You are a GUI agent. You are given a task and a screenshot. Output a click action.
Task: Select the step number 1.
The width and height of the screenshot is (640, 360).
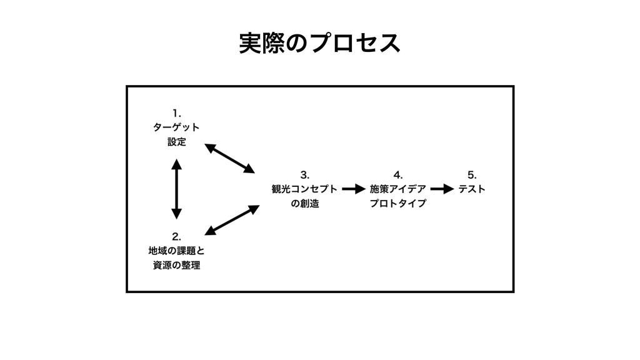pyautogui.click(x=177, y=113)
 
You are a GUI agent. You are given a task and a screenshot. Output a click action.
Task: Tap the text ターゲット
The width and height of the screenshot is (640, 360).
pyautogui.click(x=176, y=127)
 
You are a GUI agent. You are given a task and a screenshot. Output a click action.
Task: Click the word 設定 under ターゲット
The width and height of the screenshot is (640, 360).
pyautogui.click(x=176, y=142)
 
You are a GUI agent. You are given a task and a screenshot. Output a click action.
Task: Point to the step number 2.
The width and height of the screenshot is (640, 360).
pyautogui.click(x=177, y=236)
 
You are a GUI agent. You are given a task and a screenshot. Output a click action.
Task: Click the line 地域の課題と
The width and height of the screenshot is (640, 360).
pyautogui.click(x=176, y=251)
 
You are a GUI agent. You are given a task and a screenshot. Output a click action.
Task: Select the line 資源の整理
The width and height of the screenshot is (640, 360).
pyautogui.click(x=176, y=266)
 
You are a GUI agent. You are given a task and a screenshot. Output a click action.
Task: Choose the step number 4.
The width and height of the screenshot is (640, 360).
pyautogui.click(x=398, y=173)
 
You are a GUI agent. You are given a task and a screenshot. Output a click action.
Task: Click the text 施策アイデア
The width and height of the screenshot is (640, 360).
pyautogui.click(x=398, y=188)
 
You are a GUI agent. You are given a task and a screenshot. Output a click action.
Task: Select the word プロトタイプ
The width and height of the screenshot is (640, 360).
pyautogui.click(x=398, y=203)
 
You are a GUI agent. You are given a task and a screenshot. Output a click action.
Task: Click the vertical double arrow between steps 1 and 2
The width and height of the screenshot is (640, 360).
pyautogui.click(x=177, y=189)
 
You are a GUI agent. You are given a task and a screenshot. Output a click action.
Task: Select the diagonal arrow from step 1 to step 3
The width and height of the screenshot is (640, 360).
pyautogui.click(x=230, y=158)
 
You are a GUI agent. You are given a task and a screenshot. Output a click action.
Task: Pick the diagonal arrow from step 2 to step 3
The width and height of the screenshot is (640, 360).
pyautogui.click(x=231, y=221)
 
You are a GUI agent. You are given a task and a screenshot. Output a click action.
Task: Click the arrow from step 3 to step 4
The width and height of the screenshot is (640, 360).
pyautogui.click(x=353, y=188)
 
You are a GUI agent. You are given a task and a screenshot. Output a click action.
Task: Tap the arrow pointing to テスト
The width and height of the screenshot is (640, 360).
pyautogui.click(x=442, y=188)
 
